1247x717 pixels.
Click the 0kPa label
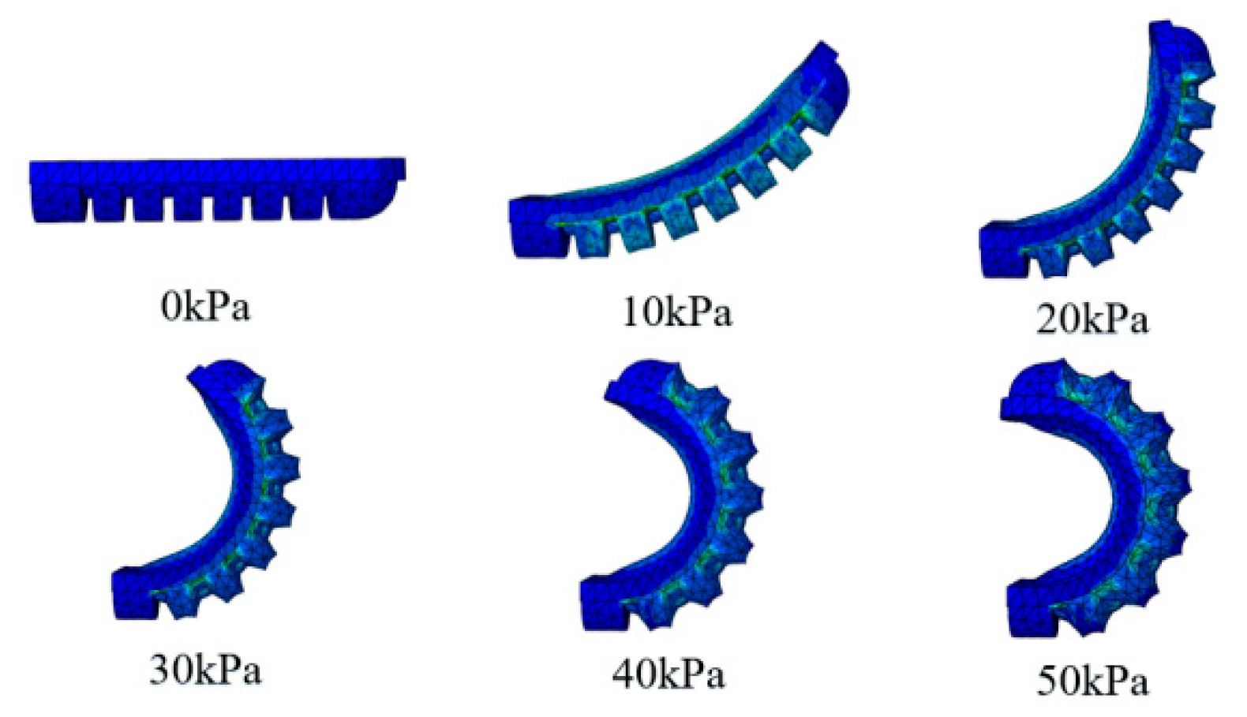pyautogui.click(x=205, y=307)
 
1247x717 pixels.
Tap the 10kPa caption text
pyautogui.click(x=676, y=312)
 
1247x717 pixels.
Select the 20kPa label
pyautogui.click(x=1092, y=319)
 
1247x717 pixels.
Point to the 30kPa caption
pyautogui.click(x=205, y=670)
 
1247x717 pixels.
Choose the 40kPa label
pyautogui.click(x=668, y=674)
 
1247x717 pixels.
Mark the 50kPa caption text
pyautogui.click(x=1092, y=682)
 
